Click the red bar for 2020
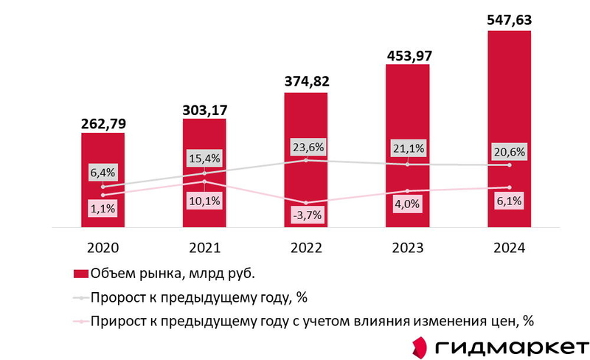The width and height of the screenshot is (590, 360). point(103,181)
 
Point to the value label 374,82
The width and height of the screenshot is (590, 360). point(306,80)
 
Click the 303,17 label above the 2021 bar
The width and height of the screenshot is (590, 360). point(204,109)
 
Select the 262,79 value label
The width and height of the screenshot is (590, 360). point(103,122)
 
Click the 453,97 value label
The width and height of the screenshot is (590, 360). point(407,54)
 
